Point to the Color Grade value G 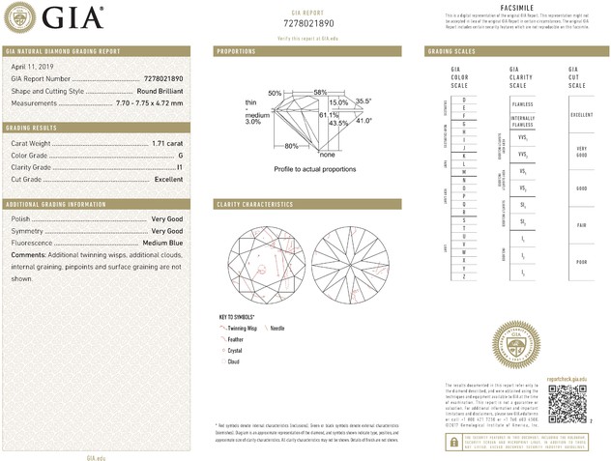click(x=181, y=155)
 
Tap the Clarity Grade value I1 click(x=181, y=167)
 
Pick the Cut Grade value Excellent click(x=168, y=180)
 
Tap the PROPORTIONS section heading click(x=236, y=50)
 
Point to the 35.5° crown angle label click(x=364, y=101)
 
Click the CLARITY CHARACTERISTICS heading click(x=254, y=205)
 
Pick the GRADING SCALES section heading click(x=448, y=50)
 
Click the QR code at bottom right click(x=567, y=402)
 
